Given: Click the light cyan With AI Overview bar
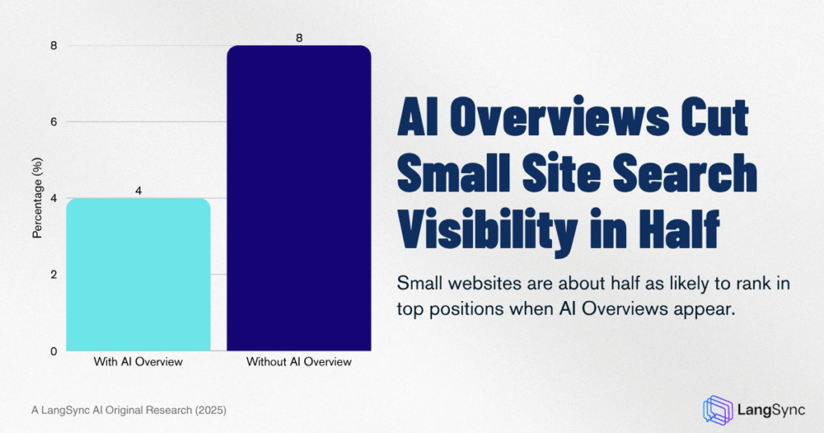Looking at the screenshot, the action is click(138, 274).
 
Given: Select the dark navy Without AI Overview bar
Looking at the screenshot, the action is click(299, 198).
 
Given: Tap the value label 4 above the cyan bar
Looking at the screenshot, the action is click(138, 191).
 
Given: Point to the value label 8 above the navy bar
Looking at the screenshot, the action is click(299, 38).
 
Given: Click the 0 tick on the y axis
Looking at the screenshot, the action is click(54, 352).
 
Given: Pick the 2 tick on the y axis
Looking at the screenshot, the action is click(54, 274).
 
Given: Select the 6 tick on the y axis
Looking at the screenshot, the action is click(54, 122).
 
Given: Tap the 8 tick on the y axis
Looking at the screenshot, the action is click(54, 46).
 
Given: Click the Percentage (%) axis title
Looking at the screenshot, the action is click(37, 198).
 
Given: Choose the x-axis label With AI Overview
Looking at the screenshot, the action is click(138, 362).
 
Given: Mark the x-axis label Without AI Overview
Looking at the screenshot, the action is click(299, 362).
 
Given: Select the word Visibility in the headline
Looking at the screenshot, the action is click(488, 231).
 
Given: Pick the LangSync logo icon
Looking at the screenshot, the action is click(718, 410).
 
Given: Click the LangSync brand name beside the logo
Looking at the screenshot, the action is click(771, 410).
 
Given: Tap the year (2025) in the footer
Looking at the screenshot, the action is click(211, 410).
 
